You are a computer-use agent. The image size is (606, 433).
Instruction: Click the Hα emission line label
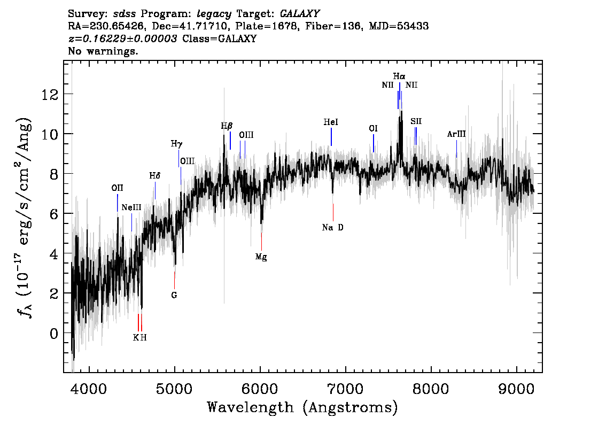399,76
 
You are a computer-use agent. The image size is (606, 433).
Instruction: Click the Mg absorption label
261,257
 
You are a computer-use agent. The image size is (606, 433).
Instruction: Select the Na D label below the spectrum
333,228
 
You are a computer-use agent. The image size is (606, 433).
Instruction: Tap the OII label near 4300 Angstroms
117,188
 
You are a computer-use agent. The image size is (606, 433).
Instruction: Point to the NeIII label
131,207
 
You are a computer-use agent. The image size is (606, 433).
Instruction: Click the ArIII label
456,134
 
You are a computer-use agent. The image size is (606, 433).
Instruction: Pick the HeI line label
331,122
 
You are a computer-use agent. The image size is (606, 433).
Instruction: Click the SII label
416,121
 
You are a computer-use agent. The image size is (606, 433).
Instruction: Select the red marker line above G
174,280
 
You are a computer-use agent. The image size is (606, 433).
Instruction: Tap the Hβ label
227,126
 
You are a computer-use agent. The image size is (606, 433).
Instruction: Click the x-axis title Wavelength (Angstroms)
302,408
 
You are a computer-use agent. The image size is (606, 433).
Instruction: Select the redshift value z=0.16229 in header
122,39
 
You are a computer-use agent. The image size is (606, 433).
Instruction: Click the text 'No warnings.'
103,51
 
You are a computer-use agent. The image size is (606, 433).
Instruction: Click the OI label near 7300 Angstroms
373,129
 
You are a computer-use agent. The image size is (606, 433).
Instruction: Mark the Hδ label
154,175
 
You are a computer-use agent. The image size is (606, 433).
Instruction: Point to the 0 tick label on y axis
53,333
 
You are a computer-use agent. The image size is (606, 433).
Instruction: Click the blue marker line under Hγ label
178,158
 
